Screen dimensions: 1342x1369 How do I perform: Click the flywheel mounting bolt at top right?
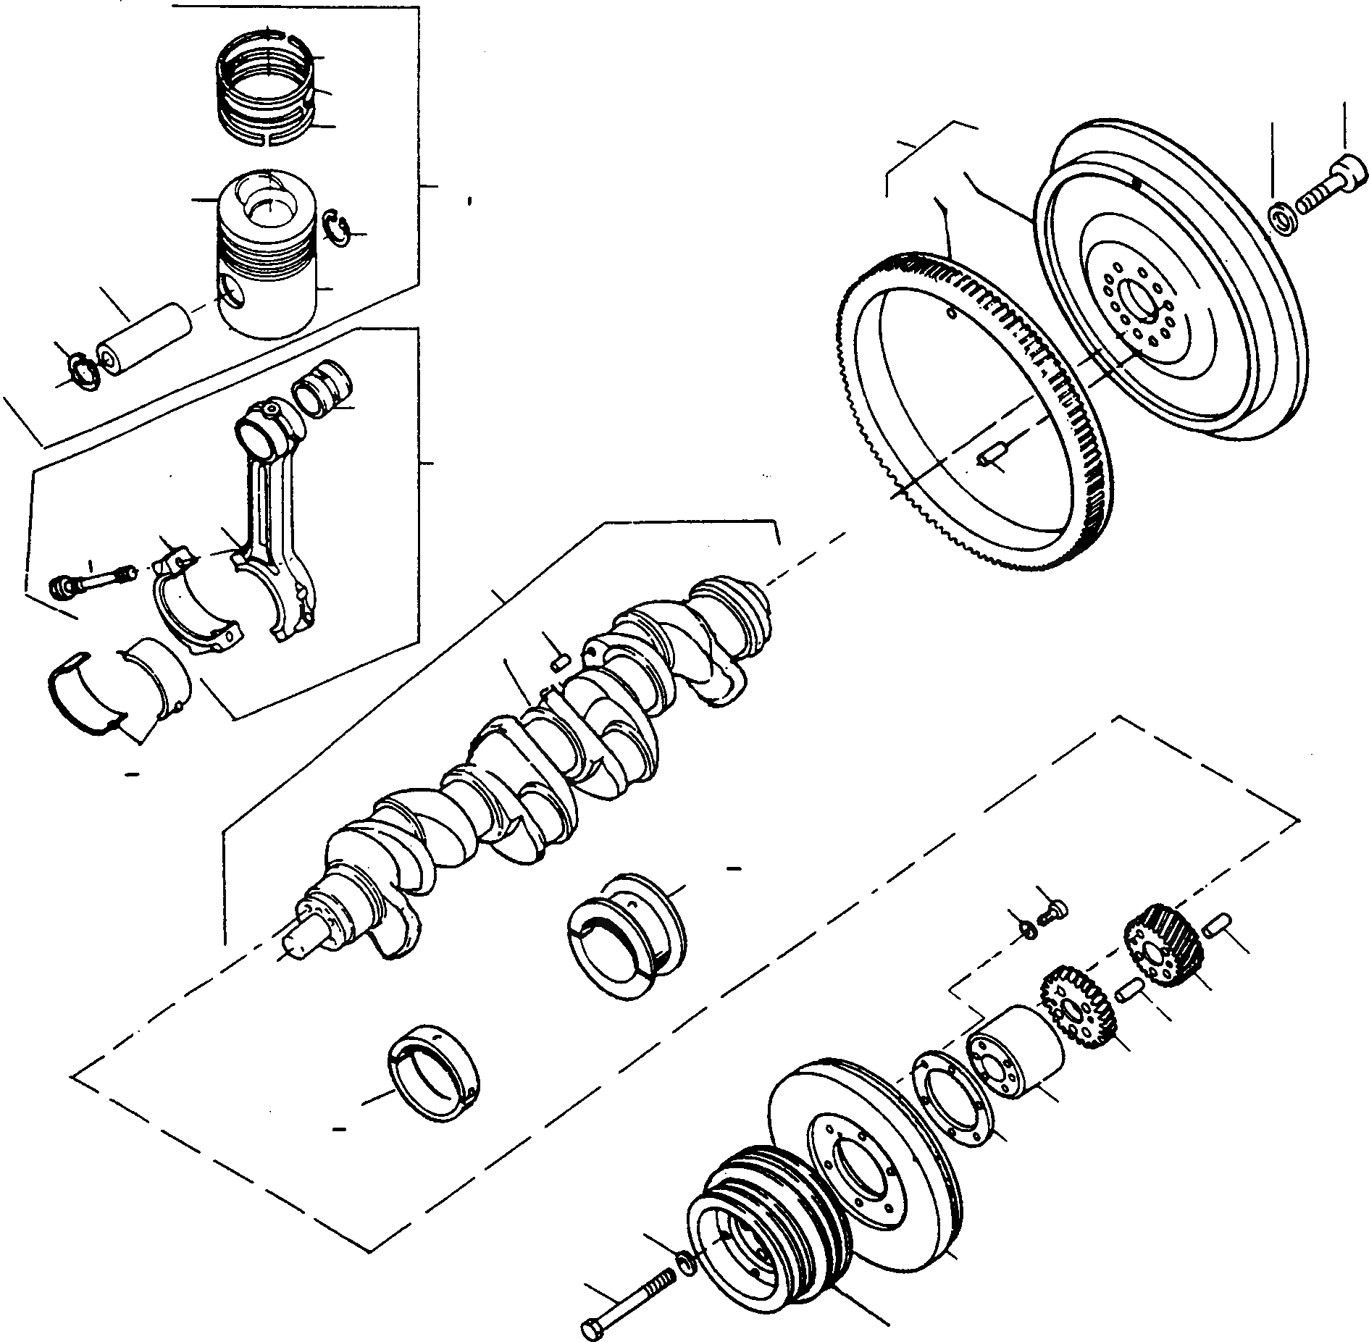point(1330,186)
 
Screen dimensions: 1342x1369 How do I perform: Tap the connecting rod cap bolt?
point(91,581)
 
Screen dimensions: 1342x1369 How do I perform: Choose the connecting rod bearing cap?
point(196,616)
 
